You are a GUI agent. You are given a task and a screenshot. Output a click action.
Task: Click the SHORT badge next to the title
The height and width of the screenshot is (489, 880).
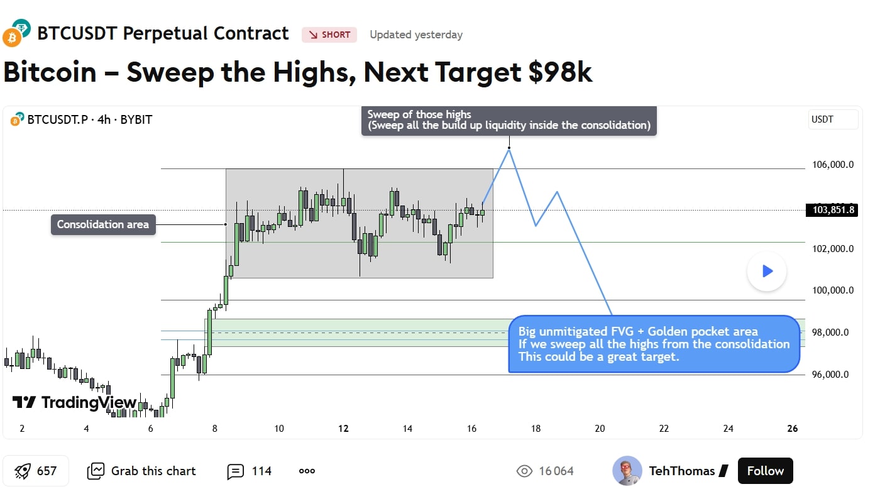pos(329,35)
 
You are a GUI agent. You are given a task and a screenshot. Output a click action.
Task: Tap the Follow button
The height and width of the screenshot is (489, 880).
pos(766,471)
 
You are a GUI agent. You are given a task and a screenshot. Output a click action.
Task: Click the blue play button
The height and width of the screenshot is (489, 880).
pos(767,271)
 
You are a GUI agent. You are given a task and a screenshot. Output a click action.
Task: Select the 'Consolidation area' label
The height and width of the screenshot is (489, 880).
pos(103,224)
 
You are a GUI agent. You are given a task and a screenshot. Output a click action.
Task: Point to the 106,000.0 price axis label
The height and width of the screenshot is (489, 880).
pos(833,165)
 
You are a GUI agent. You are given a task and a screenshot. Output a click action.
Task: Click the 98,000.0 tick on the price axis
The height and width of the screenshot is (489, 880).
pos(833,332)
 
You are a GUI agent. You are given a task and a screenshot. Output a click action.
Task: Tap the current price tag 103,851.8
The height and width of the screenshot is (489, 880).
pos(832,210)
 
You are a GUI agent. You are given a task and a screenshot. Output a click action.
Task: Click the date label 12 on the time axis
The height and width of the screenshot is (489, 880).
pos(343,429)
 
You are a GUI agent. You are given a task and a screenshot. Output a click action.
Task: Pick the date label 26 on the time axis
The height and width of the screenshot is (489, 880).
pos(793,429)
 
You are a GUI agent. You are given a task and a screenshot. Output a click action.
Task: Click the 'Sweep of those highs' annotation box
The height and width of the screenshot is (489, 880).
pos(509,120)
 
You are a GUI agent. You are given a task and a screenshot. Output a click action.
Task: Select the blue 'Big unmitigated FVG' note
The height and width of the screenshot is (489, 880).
pos(654,344)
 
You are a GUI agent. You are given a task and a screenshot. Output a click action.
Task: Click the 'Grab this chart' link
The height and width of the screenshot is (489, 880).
pos(141,471)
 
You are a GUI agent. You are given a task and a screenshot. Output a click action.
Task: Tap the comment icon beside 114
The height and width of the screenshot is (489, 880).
pos(235,471)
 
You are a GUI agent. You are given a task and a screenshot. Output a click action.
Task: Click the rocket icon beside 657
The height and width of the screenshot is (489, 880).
pos(23,471)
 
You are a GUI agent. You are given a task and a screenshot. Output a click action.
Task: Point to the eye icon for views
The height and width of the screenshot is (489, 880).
pos(524,471)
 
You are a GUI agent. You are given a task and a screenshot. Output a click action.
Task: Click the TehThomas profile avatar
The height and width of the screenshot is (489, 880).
pos(627,471)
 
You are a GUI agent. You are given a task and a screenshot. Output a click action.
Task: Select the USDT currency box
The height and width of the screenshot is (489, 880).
pos(833,119)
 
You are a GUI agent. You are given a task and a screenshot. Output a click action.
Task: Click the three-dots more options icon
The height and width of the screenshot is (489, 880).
pos(307,471)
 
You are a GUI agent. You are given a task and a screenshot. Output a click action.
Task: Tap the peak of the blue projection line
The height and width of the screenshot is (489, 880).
pos(509,148)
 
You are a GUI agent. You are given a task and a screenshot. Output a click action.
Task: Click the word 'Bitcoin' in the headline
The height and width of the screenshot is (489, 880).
pos(50,72)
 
